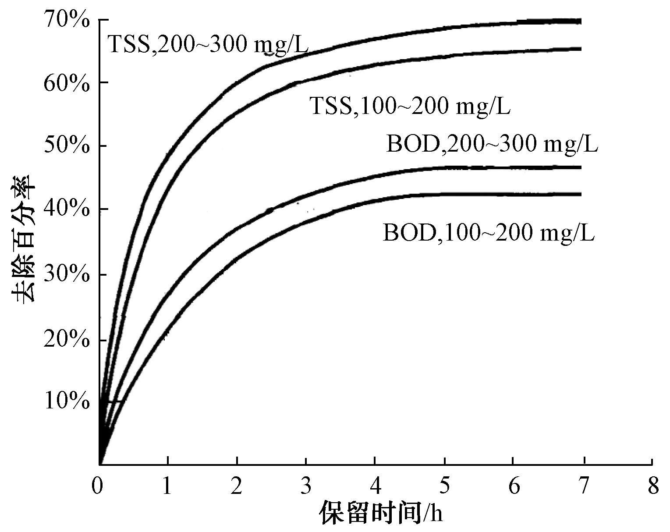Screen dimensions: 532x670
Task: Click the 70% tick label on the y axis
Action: pos(67,21)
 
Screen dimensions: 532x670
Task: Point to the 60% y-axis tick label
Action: pos(67,83)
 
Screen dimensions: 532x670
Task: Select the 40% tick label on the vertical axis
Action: pos(67,209)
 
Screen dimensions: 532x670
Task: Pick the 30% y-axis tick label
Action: pos(67,275)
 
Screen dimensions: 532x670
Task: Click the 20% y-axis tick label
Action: pos(67,340)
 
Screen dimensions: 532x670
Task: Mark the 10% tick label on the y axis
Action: pos(67,401)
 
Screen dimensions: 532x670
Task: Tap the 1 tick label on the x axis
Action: pos(167,486)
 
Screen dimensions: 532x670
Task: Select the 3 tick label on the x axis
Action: pos(305,486)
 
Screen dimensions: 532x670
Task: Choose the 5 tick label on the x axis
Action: pos(444,486)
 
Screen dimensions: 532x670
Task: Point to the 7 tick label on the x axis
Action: pos(583,486)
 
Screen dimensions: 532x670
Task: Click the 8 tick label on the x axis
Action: pos(653,486)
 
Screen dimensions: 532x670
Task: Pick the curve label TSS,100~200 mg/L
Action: pos(410,106)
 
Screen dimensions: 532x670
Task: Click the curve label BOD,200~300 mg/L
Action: pos(492,145)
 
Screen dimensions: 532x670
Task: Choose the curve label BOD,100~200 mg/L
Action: pos(489,233)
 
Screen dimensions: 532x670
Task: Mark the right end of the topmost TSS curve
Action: pos(580,21)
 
